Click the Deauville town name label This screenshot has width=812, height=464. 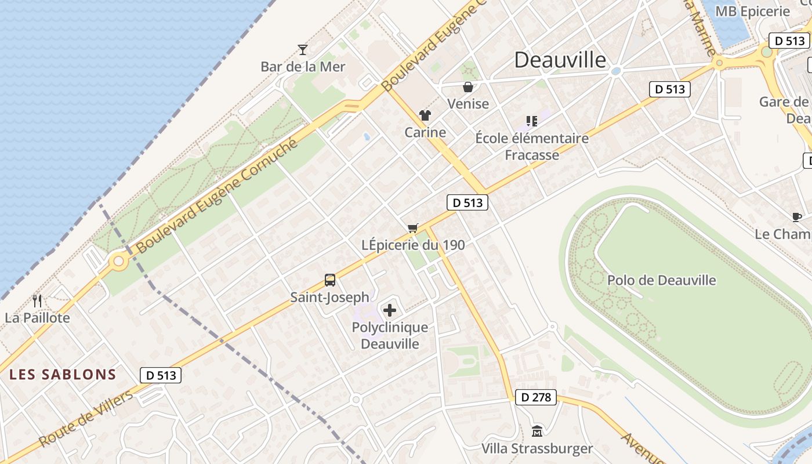[x=560, y=60]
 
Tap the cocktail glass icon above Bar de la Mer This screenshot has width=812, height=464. [x=302, y=49]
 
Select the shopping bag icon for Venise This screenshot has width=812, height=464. [x=468, y=88]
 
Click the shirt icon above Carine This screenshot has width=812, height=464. [x=425, y=115]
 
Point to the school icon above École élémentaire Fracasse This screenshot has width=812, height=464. [x=531, y=121]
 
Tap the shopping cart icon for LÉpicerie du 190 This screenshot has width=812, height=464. [x=412, y=228]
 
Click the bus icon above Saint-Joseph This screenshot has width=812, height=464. [x=329, y=280]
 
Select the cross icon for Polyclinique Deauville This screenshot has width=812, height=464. [x=390, y=310]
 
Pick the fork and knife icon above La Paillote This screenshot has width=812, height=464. [x=38, y=300]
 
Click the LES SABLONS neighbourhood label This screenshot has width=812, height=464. [x=63, y=375]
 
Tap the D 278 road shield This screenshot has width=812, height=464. [x=535, y=397]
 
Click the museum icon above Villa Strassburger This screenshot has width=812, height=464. [x=537, y=432]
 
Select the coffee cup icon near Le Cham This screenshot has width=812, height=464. [x=797, y=217]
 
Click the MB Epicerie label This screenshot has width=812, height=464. [x=753, y=12]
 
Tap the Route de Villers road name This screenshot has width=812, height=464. [x=86, y=419]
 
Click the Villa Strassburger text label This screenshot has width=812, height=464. [x=537, y=448]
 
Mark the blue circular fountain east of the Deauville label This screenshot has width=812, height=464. [x=616, y=71]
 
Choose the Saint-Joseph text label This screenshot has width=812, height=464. [x=329, y=298]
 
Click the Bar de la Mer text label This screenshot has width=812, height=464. [x=303, y=67]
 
